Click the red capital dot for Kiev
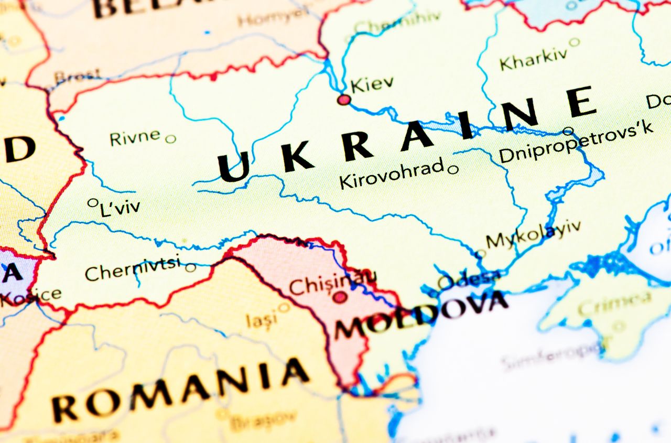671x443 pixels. pyautogui.click(x=344, y=99)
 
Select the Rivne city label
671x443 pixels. pyautogui.click(x=135, y=137)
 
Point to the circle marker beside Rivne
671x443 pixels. pyautogui.click(x=170, y=139)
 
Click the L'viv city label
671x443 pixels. pyautogui.click(x=120, y=208)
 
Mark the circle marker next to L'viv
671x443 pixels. pyautogui.click(x=93, y=202)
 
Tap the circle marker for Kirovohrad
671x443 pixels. pyautogui.click(x=453, y=169)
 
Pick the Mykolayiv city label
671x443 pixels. pyautogui.click(x=533, y=234)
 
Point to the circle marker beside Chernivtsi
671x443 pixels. pyautogui.click(x=190, y=267)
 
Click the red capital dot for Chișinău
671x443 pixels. pyautogui.click(x=340, y=297)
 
